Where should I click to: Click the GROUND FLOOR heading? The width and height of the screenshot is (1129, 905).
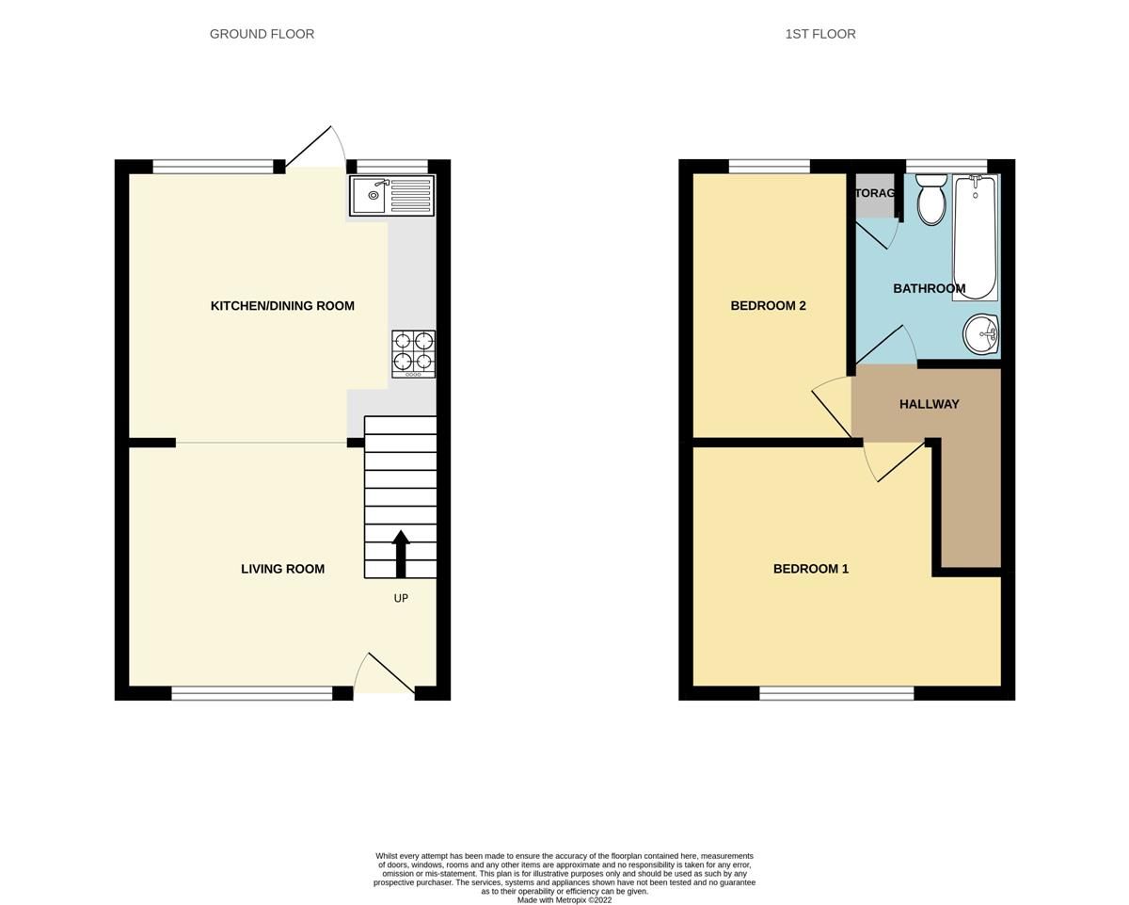coord(262,34)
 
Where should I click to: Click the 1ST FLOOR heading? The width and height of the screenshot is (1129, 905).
coord(820,34)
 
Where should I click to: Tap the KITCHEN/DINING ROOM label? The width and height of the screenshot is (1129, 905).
coord(282,306)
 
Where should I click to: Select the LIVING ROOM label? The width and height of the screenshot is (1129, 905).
coord(282,569)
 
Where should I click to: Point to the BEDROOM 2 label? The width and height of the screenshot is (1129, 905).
coord(768,306)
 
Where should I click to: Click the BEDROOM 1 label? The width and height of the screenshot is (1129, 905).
coord(810,569)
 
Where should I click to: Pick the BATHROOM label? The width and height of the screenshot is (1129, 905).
coord(929,289)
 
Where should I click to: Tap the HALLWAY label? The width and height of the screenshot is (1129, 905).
coord(929,404)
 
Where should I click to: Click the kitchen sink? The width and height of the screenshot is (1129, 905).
coord(391,196)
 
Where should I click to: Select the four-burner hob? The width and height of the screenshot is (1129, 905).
coord(413,353)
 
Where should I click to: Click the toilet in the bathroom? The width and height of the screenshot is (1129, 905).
coord(931,199)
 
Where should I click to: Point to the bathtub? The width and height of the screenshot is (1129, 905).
coord(975,237)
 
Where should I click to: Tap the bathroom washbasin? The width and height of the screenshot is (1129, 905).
coord(981,333)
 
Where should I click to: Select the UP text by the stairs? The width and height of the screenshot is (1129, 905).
coord(401,599)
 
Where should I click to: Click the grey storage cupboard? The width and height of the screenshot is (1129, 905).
coord(874,196)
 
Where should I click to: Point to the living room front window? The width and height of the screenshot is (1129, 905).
coord(251,694)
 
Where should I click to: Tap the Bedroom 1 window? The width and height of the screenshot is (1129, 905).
coord(836,694)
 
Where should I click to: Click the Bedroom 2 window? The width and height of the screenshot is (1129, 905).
coord(769,167)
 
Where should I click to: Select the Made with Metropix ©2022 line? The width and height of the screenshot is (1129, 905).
coord(564,900)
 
